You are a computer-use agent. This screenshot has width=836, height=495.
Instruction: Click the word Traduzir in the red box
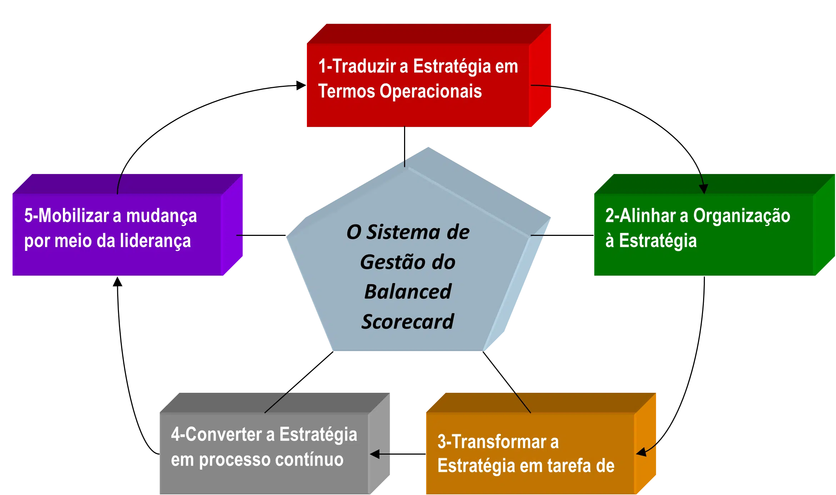pyautogui.click(x=364, y=66)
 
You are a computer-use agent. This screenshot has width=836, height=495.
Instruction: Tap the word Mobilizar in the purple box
pyautogui.click(x=73, y=216)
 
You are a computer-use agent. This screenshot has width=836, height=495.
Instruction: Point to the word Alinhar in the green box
pyautogui.click(x=647, y=216)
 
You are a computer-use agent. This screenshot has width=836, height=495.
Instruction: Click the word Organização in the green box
pyautogui.click(x=742, y=216)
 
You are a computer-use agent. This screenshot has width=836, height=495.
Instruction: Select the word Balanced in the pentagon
pyautogui.click(x=408, y=292)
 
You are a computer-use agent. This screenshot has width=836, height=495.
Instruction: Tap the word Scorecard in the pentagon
pyautogui.click(x=408, y=322)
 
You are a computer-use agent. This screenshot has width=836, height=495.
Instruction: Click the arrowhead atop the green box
pyautogui.click(x=703, y=189)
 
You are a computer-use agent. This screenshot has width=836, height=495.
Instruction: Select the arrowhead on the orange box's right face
pyautogui.click(x=642, y=452)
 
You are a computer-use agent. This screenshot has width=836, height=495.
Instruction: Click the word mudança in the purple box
pyautogui.click(x=161, y=217)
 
